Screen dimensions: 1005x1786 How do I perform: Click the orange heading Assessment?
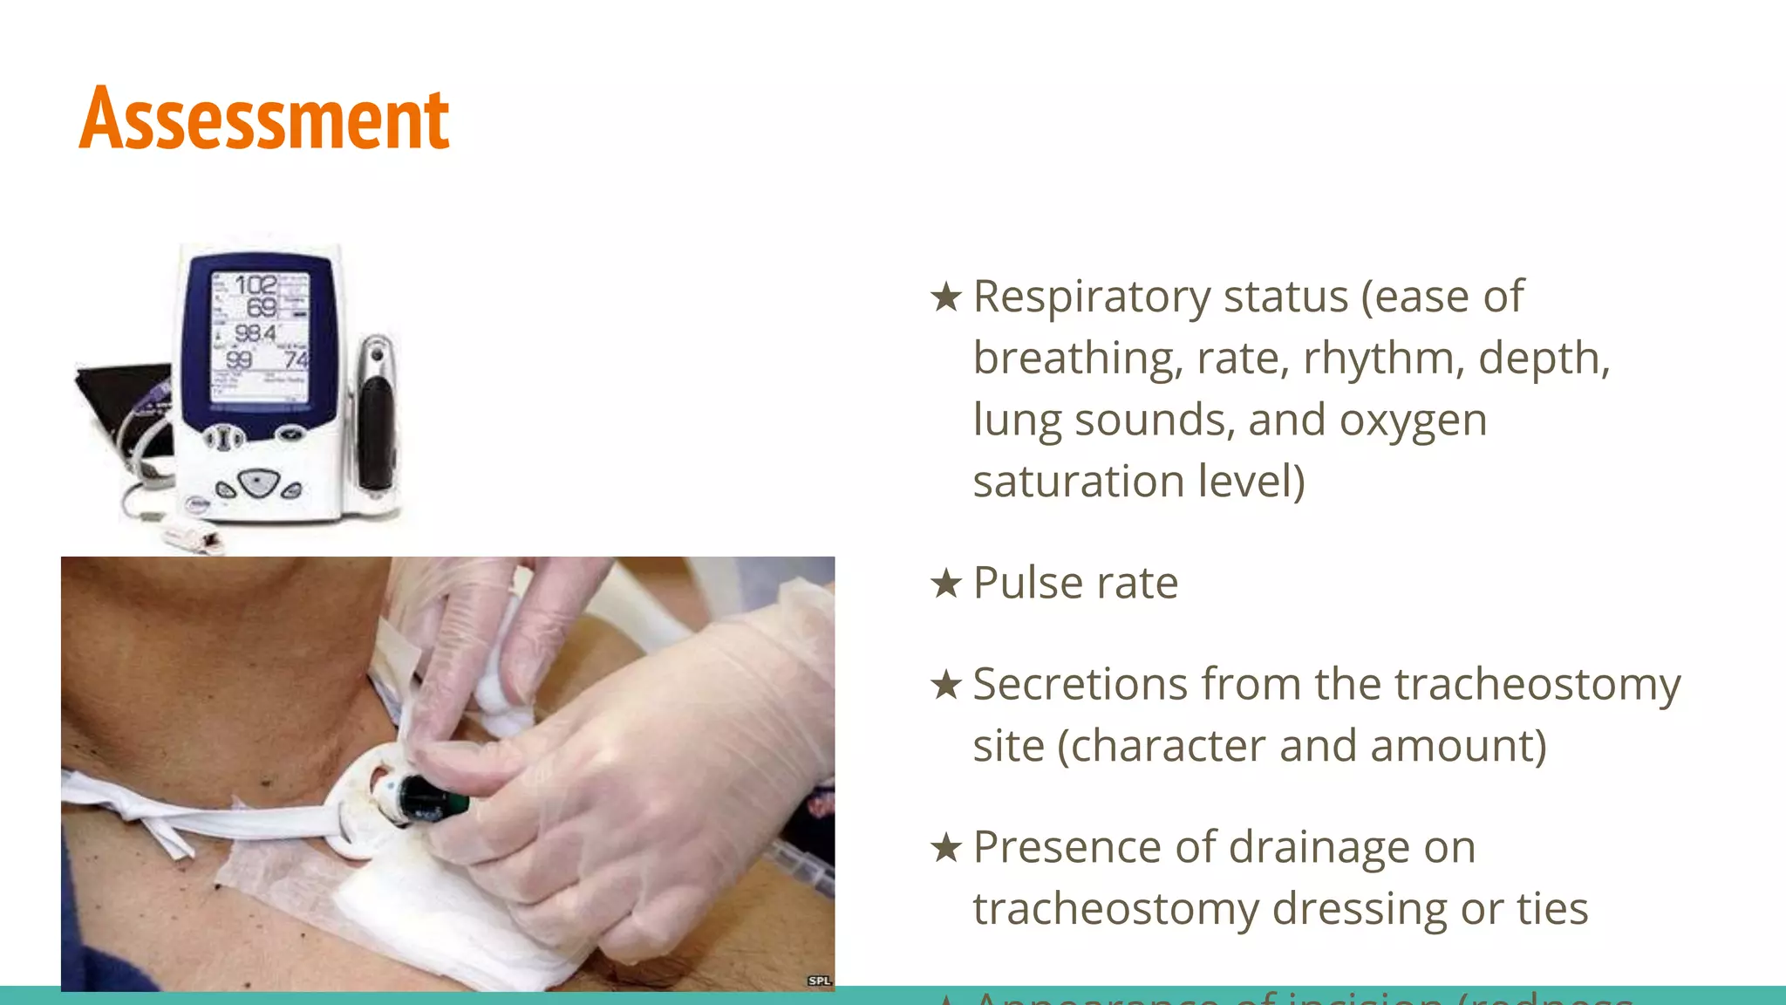point(264,119)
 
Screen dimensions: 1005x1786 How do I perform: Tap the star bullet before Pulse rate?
point(946,583)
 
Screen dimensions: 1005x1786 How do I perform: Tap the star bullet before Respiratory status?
point(946,297)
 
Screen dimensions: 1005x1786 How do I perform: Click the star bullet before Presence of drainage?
point(946,847)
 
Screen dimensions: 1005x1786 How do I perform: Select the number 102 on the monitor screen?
point(256,285)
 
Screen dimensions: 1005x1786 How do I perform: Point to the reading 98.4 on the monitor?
point(256,333)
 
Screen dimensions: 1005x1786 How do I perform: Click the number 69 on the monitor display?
point(262,308)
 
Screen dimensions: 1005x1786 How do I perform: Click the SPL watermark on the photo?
point(819,981)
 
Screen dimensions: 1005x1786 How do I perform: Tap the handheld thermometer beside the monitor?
point(377,419)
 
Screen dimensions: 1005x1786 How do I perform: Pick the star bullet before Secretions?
point(946,684)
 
